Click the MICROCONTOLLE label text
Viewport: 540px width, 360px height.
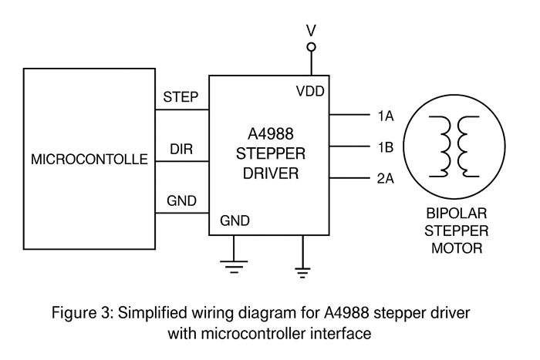pos(89,160)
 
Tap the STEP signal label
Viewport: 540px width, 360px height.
pos(181,97)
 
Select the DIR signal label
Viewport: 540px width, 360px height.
pos(181,149)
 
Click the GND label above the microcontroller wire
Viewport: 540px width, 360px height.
pos(181,201)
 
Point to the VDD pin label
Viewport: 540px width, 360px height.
pos(310,91)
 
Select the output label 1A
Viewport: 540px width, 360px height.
pos(386,116)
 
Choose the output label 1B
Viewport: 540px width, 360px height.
pos(386,146)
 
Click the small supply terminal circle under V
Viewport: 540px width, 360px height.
pos(312,47)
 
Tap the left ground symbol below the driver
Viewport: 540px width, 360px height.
pos(231,267)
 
